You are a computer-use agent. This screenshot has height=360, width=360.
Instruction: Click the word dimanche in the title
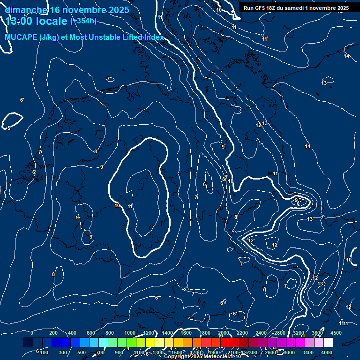[26, 9]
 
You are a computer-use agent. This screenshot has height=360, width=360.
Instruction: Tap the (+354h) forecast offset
[83, 21]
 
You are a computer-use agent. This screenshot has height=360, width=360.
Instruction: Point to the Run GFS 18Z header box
[296, 8]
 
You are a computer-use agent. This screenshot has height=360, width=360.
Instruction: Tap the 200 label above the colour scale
[53, 333]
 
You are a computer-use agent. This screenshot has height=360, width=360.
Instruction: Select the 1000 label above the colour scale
[130, 333]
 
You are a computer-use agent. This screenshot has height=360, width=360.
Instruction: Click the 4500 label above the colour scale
[336, 333]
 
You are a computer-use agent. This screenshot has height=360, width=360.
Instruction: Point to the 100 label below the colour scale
[44, 352]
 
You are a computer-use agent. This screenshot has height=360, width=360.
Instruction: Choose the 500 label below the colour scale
[82, 352]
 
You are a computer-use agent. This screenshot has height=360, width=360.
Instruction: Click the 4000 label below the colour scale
[327, 352]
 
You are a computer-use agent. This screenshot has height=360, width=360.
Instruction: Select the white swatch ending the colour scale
[328, 343]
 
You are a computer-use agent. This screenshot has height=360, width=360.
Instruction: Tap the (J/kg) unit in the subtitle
[50, 37]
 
